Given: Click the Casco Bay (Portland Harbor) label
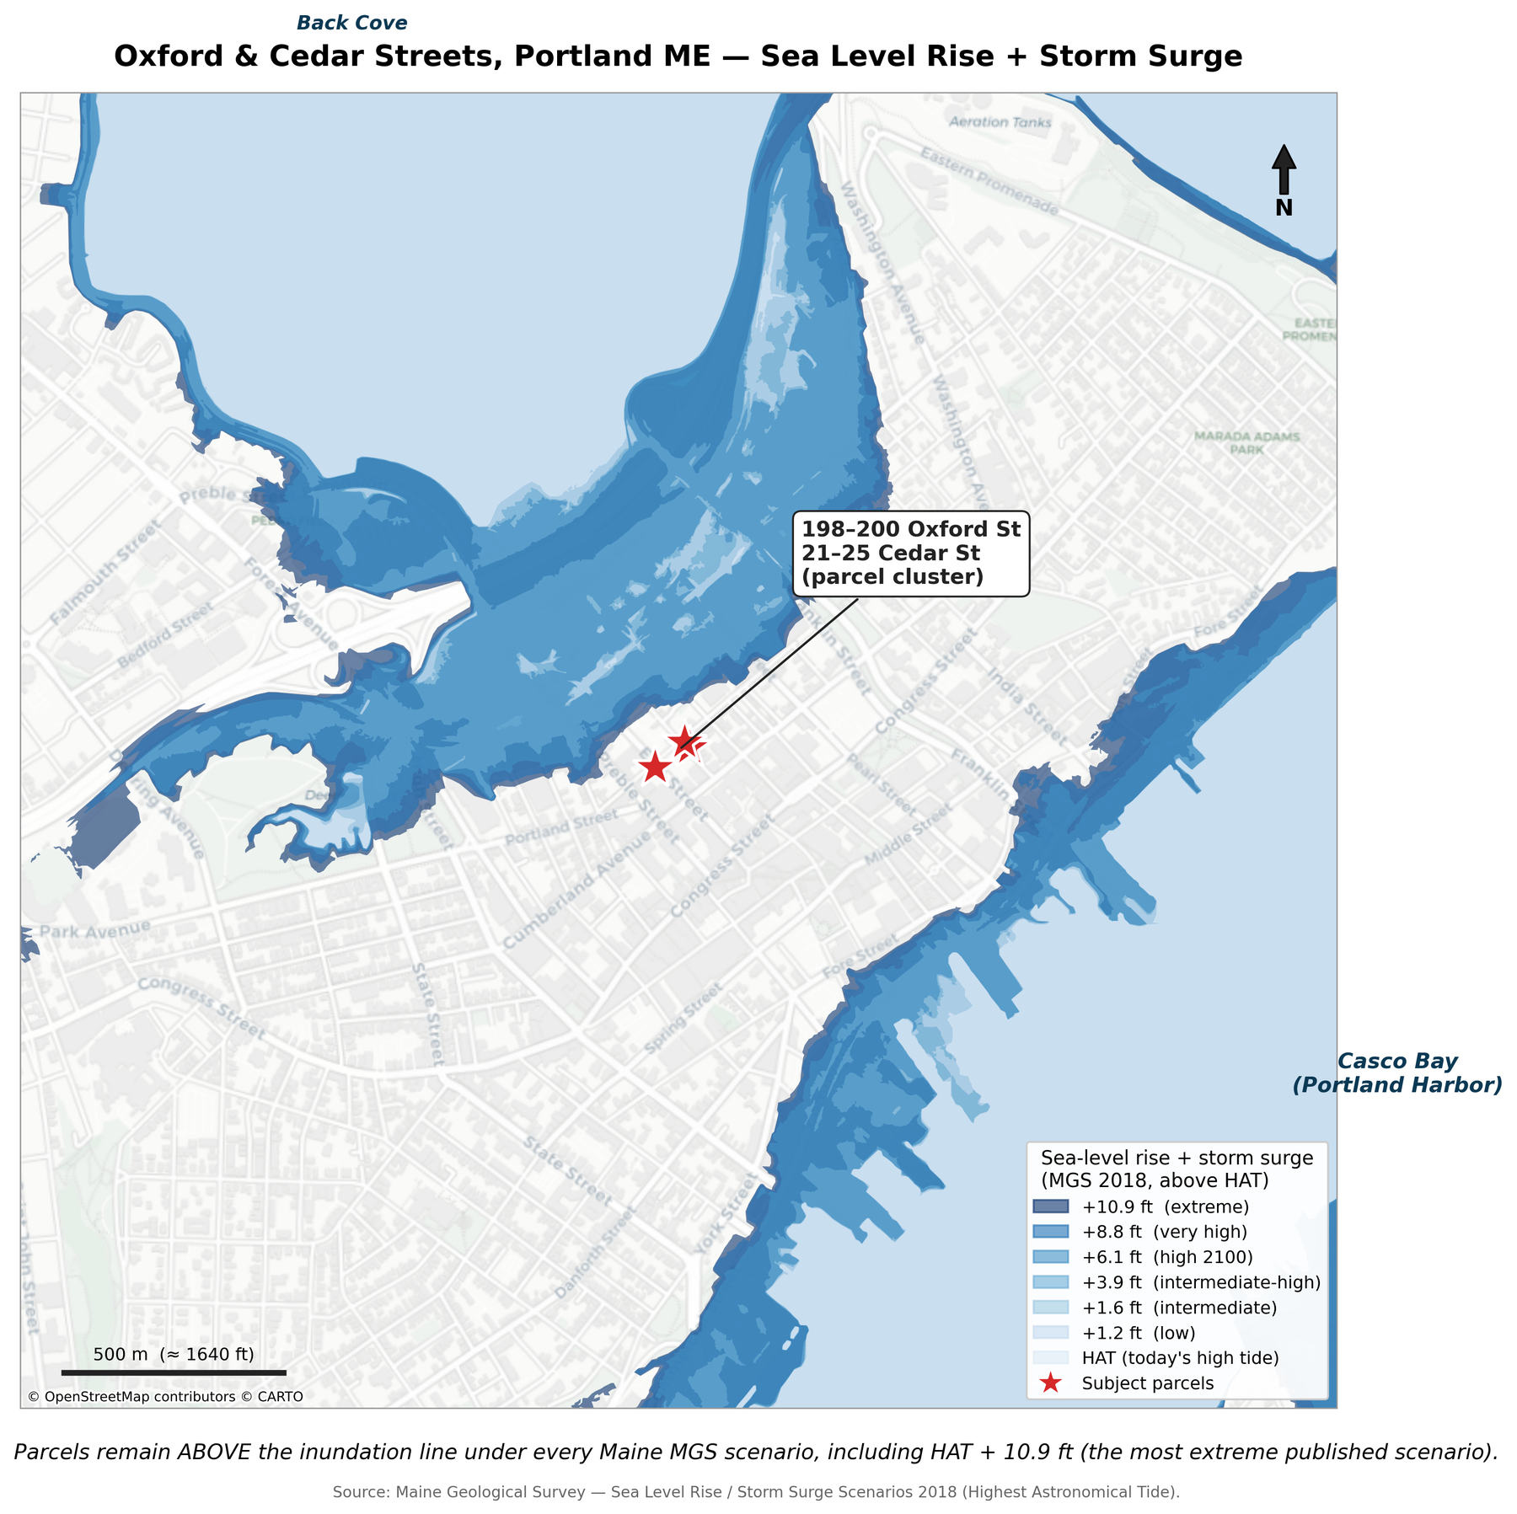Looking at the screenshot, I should (x=1396, y=1073).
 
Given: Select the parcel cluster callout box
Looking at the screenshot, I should (x=910, y=554).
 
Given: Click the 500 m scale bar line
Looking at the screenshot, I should (x=174, y=1372).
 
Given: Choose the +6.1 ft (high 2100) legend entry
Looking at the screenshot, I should (x=1167, y=1257).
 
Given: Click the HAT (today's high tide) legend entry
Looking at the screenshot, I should (x=1180, y=1358).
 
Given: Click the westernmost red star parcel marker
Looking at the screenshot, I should (x=655, y=768).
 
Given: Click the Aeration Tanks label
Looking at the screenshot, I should (x=1000, y=122).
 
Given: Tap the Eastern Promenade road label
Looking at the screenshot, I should (x=988, y=180).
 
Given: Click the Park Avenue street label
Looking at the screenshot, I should (x=94, y=930).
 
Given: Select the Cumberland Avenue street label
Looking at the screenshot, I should (x=577, y=890).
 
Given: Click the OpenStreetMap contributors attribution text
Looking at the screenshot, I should (x=165, y=1397).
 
